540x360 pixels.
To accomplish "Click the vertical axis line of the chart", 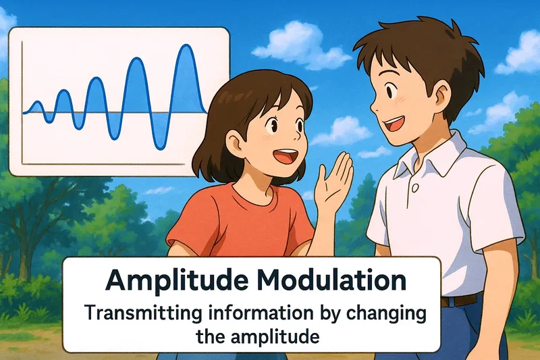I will click(22, 101).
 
